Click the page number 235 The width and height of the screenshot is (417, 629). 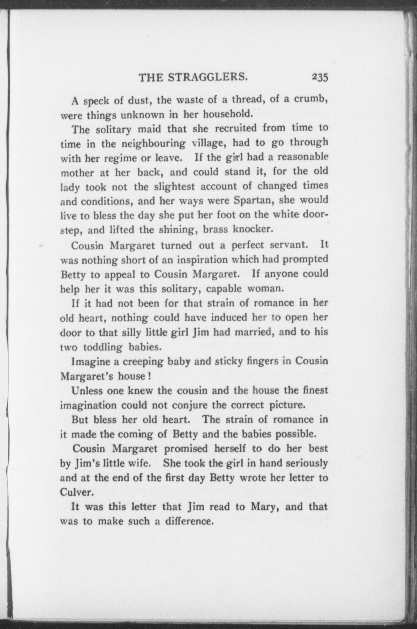click(x=320, y=77)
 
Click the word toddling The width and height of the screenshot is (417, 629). click(x=103, y=347)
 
